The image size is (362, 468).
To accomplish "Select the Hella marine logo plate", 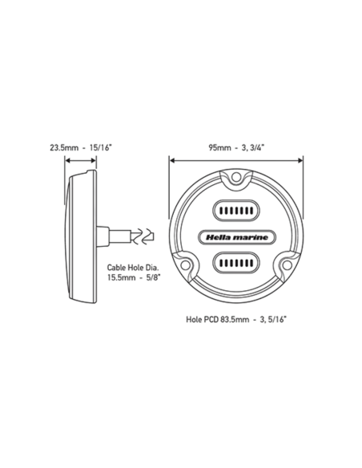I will point(236,236).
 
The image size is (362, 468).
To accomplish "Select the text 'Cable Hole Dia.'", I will point(133,268).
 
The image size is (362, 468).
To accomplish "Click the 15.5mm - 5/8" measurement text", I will point(133,280).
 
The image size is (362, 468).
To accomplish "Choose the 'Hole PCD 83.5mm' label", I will point(210,317).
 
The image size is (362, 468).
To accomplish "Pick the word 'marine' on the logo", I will point(251,236).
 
